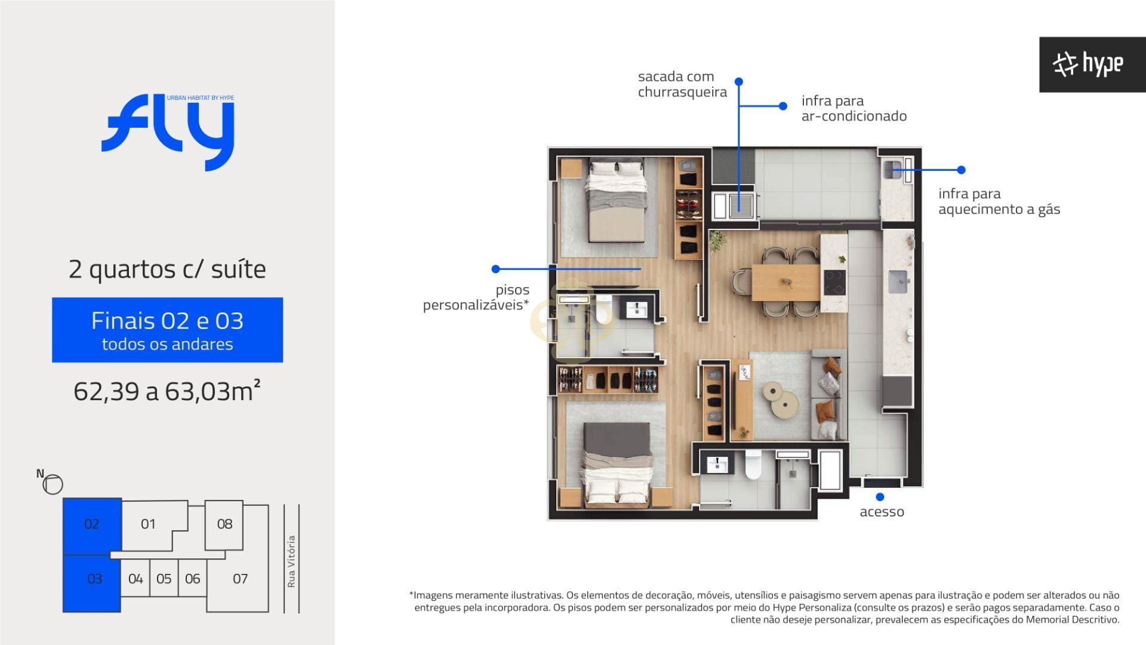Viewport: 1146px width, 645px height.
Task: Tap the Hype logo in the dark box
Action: [x=1088, y=64]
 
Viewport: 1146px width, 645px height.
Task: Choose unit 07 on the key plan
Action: [x=240, y=579]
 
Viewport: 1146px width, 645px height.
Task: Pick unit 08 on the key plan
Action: [x=224, y=524]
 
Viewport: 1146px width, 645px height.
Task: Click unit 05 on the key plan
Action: [x=164, y=579]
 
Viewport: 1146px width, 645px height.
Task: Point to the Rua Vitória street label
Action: [x=291, y=561]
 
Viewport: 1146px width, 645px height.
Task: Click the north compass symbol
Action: [x=53, y=484]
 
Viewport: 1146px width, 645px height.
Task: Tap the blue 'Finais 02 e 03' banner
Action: [x=167, y=330]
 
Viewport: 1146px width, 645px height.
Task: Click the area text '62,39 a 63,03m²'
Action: [x=167, y=391]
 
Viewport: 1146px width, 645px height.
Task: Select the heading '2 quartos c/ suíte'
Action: [x=167, y=269]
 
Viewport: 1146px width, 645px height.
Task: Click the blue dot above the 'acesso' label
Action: [x=880, y=497]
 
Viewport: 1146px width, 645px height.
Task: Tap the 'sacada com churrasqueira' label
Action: [x=682, y=84]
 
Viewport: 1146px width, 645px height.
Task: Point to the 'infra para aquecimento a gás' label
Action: [x=999, y=201]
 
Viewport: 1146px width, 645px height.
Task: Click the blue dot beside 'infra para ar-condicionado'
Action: [x=783, y=106]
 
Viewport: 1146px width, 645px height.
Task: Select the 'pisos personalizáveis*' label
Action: [x=476, y=297]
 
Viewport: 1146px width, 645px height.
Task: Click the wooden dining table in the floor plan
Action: [x=785, y=282]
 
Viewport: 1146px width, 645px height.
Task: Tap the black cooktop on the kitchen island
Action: [x=834, y=282]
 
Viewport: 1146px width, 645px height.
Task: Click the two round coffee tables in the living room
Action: [x=781, y=398]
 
